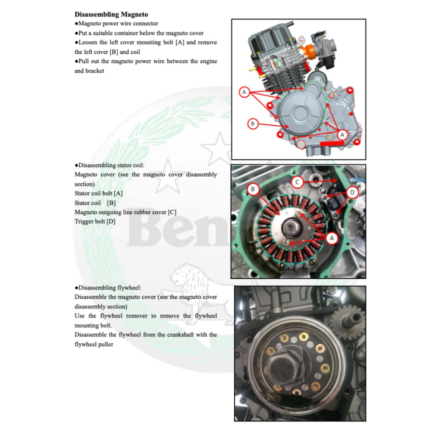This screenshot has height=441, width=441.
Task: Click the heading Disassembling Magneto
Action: point(111,15)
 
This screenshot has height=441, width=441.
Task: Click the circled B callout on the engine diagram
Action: point(252,123)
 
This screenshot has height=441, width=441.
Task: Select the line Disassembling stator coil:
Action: point(109,165)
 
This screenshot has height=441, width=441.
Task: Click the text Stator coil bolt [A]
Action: point(98,193)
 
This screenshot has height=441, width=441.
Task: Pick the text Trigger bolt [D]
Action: point(95,221)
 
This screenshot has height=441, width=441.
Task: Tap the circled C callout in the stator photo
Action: point(298,182)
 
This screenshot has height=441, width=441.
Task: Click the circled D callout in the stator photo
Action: point(352,193)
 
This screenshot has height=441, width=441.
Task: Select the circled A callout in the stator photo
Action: point(332,237)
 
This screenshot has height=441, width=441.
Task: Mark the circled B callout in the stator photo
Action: point(252,189)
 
